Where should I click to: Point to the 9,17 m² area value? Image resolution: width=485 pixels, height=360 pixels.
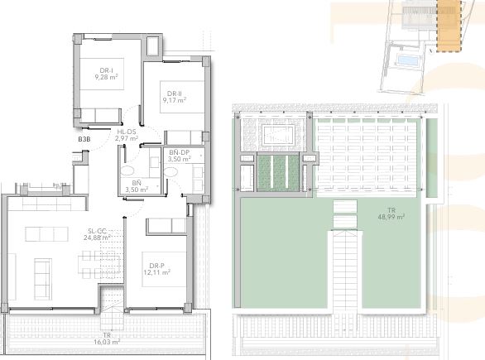coord(174,100)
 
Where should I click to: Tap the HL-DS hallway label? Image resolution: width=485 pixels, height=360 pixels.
coord(127,132)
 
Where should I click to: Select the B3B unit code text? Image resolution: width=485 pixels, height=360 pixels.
coord(84,140)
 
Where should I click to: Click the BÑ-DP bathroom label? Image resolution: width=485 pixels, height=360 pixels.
coord(180,153)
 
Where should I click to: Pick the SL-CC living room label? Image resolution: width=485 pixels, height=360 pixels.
coord(97,231)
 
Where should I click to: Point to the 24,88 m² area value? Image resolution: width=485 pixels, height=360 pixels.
coord(97,238)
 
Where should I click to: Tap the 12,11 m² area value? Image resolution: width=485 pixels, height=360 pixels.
coord(156,271)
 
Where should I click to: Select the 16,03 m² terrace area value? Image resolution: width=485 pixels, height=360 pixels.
coord(106,341)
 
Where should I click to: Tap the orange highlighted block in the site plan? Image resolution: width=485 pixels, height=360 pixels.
coord(447,25)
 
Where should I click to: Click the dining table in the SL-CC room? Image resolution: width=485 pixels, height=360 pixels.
coord(91,265)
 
